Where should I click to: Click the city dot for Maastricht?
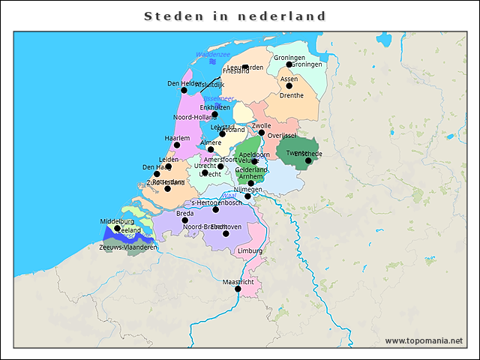(238, 289)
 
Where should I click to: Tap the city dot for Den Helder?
(184, 90)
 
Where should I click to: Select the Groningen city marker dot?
(289, 64)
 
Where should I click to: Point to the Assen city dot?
(290, 85)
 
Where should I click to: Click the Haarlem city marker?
(178, 145)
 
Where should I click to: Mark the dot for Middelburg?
(117, 228)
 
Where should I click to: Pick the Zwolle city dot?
(262, 133)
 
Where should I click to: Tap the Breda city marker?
(184, 220)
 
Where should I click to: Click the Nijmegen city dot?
(248, 196)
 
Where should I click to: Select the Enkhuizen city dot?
(214, 114)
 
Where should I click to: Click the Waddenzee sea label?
(212, 55)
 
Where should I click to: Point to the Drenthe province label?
(291, 96)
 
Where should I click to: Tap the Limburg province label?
(250, 250)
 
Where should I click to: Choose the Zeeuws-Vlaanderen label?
(128, 247)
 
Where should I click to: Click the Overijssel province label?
(283, 136)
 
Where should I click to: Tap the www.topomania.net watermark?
(424, 340)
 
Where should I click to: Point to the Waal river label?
(229, 196)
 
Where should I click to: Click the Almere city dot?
(211, 148)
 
